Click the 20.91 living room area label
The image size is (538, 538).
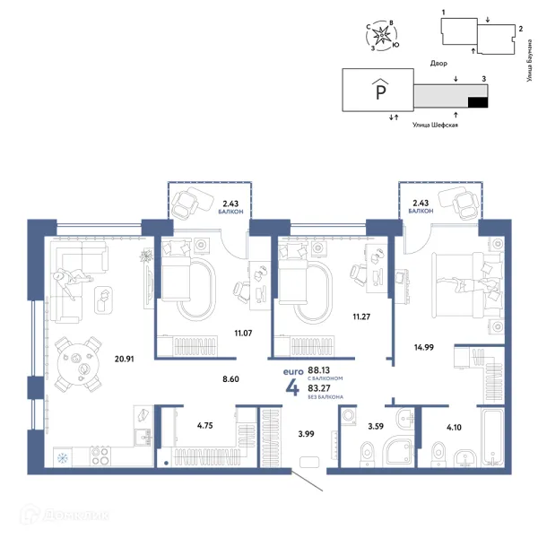125,359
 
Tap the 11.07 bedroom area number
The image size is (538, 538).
243,333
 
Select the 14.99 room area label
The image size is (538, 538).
424,347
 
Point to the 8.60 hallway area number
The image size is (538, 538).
230,379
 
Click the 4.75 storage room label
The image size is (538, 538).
204,425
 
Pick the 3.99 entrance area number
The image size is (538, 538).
306,434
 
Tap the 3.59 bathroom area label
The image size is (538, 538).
376,426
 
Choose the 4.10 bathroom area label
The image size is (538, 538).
454,427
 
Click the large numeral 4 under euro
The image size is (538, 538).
292,388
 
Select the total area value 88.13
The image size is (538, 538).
318,369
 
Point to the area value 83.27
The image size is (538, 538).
319,388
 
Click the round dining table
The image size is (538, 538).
78,364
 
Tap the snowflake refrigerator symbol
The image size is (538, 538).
63,458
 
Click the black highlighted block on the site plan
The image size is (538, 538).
478,102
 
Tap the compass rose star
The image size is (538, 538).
381,36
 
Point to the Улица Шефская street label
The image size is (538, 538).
435,125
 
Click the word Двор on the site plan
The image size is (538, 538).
438,64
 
